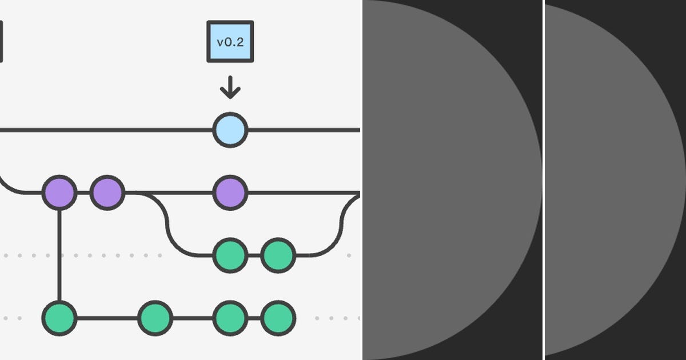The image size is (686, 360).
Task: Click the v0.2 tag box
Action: [x=230, y=42]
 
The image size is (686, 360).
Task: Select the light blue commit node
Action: [x=230, y=130]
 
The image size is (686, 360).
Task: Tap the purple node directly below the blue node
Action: [x=230, y=193]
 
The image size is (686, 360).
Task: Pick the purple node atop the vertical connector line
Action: [x=59, y=193]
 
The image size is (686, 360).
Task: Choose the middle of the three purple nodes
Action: [x=107, y=193]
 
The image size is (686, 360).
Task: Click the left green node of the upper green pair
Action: [x=230, y=255]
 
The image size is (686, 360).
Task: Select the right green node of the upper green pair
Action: [x=278, y=255]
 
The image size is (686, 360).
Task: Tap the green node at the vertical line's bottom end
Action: [x=59, y=318]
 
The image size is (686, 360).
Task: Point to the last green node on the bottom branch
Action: [x=278, y=318]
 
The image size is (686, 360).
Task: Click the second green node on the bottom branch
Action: [x=155, y=318]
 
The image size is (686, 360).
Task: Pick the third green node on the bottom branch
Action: [x=230, y=318]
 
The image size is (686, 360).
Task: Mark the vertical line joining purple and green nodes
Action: [x=59, y=255]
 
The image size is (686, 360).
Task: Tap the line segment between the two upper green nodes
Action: [x=254, y=255]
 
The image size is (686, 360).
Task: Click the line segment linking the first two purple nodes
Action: [x=83, y=193]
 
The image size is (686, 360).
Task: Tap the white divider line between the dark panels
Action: [x=543, y=180]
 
